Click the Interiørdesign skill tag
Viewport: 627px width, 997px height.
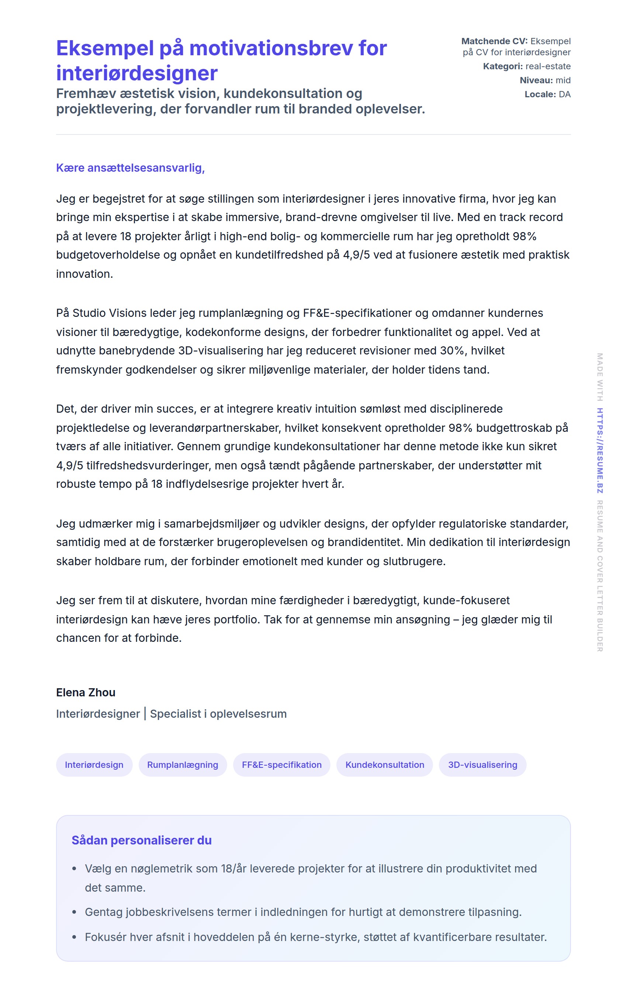(94, 765)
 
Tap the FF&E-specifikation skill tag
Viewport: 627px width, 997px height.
(281, 765)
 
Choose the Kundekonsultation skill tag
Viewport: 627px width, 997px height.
(385, 765)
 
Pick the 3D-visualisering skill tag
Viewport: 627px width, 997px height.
(482, 765)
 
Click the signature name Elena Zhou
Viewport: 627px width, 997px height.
(86, 692)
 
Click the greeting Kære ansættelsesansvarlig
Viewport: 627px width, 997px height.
(130, 168)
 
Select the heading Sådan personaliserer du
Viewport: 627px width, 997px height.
(141, 840)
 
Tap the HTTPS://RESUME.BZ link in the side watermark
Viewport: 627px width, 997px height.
(600, 451)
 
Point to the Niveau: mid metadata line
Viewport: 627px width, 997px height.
(545, 80)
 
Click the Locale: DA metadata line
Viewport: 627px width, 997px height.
(547, 94)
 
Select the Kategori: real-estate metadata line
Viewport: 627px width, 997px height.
(527, 66)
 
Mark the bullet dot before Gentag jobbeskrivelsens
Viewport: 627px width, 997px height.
(74, 912)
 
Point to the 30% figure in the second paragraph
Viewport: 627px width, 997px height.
(452, 351)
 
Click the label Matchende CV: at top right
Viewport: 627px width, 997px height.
(494, 41)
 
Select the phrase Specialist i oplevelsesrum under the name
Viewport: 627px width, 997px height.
(218, 714)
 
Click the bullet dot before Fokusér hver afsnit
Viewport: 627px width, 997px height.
(74, 937)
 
